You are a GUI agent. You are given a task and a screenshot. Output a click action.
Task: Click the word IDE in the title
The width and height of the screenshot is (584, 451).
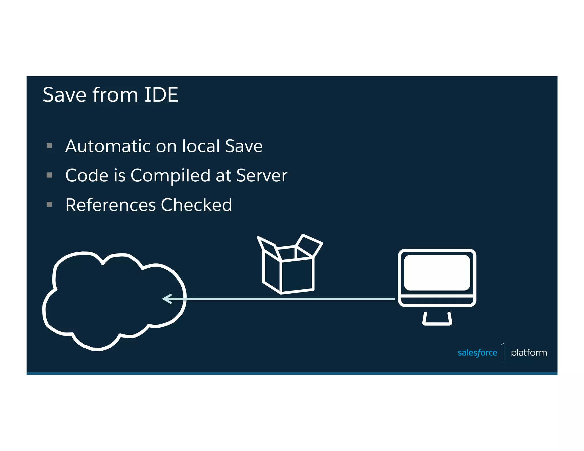pos(161,95)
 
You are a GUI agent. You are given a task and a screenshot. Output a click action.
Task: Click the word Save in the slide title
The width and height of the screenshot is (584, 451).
pos(64,95)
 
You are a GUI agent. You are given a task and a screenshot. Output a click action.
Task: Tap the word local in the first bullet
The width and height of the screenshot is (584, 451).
pos(201,146)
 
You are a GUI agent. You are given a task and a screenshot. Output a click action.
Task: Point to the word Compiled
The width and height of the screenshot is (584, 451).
pos(170,176)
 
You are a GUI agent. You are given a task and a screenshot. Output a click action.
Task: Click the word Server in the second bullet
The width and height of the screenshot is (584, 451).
pos(261,175)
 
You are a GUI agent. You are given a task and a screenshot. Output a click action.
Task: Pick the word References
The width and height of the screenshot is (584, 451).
pos(111,205)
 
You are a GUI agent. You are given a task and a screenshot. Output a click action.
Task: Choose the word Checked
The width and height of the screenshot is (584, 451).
pos(196,205)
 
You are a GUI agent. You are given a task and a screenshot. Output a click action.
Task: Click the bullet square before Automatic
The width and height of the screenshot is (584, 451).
pos(49,146)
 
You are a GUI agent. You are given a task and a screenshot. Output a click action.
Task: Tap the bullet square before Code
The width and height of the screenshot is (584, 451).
pos(49,175)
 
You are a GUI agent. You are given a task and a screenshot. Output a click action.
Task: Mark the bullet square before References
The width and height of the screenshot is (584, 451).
pos(49,204)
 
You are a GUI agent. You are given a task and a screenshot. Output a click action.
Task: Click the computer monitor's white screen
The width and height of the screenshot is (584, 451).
pos(437,273)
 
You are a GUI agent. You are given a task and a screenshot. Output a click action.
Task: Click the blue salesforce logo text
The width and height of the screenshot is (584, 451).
pos(477,353)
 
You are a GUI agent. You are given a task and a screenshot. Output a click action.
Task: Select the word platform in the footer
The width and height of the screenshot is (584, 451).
pos(529,353)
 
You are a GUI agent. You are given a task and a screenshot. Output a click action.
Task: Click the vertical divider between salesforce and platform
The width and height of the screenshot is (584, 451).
pos(504,352)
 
